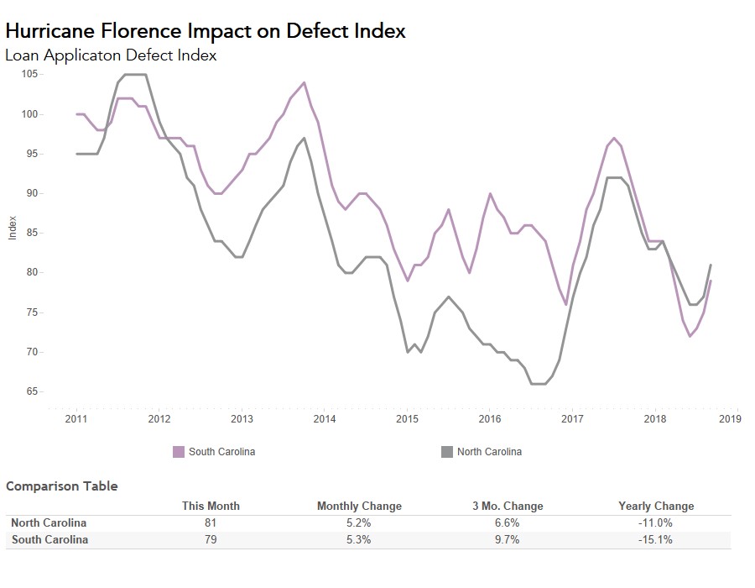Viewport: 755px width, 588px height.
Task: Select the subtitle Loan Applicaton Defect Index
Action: pyautogui.click(x=111, y=55)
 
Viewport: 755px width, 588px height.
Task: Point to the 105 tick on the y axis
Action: pyautogui.click(x=29, y=74)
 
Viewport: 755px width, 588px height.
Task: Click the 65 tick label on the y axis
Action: pyautogui.click(x=31, y=391)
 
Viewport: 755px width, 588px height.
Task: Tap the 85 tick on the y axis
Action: pyautogui.click(x=31, y=233)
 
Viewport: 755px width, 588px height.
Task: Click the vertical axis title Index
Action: pyautogui.click(x=13, y=228)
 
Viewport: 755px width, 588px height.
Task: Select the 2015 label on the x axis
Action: pyautogui.click(x=407, y=418)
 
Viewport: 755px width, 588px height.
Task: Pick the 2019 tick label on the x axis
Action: pyautogui.click(x=730, y=418)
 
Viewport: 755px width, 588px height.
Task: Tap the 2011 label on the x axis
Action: pyautogui.click(x=76, y=418)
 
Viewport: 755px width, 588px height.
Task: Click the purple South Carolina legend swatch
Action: pyautogui.click(x=178, y=452)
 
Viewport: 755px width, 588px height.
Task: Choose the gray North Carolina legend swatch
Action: pyautogui.click(x=447, y=452)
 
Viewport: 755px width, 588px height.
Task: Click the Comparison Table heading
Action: pyautogui.click(x=62, y=486)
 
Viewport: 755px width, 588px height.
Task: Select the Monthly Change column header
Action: pyautogui.click(x=359, y=506)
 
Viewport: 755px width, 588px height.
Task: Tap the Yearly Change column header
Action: pyautogui.click(x=656, y=506)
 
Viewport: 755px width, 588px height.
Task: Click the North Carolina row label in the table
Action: pyautogui.click(x=49, y=522)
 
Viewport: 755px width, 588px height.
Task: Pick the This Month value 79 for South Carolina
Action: pyautogui.click(x=211, y=539)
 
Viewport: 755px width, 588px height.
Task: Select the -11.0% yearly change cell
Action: pyautogui.click(x=656, y=522)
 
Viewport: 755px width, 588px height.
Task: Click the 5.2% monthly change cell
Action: pyautogui.click(x=359, y=522)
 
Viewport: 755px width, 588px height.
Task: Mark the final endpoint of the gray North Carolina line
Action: pyautogui.click(x=711, y=265)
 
